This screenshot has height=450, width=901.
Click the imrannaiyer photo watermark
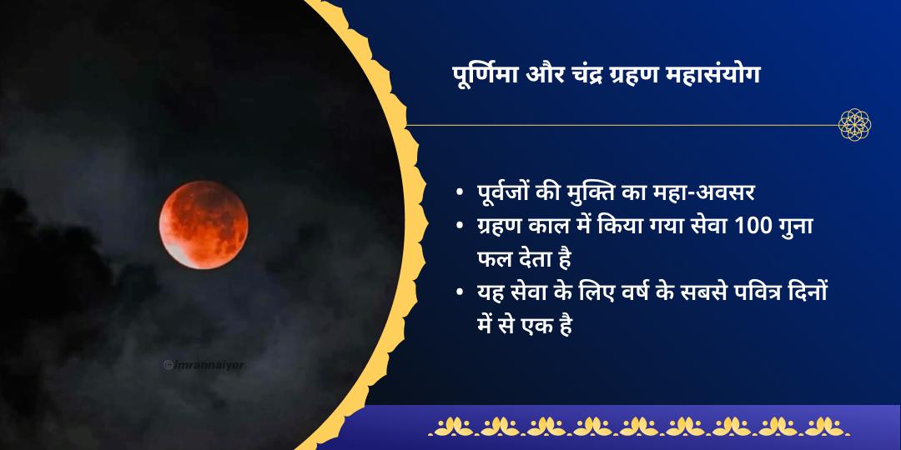tap(204, 364)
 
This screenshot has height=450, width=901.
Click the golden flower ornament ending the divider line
tap(855, 125)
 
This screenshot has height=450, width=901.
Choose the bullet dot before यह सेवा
tap(460, 292)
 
